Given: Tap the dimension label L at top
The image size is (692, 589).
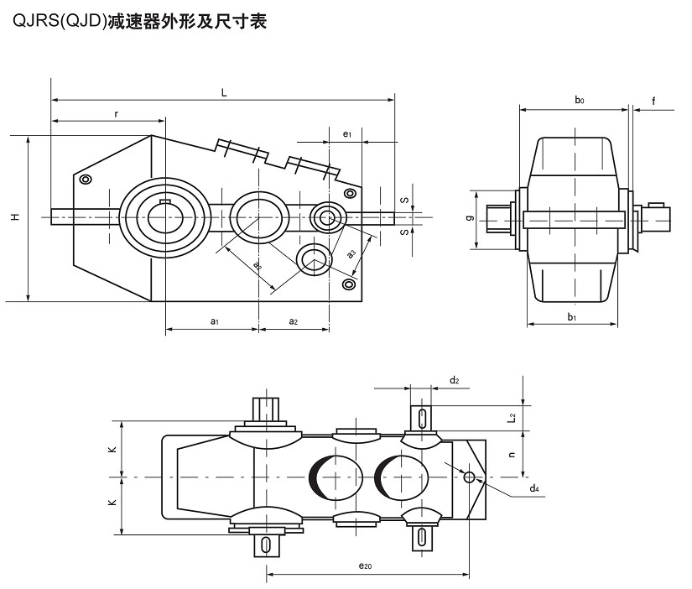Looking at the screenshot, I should pos(224,92).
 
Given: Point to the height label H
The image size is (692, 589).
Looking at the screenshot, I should pos(14,217).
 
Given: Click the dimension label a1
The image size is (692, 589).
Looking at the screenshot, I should pos(214,321).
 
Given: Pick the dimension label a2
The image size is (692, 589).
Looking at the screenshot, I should pos(293,321).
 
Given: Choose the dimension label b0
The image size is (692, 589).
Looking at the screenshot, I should pos(579,100).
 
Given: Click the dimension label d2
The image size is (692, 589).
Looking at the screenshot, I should pos(454,380).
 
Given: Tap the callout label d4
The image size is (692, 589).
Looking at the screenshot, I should pos(533,487).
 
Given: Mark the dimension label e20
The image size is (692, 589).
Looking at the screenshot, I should pos(364,567).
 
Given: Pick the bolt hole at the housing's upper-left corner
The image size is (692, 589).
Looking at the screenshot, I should pos(85,179).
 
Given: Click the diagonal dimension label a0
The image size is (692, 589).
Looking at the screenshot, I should pos(258,264).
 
